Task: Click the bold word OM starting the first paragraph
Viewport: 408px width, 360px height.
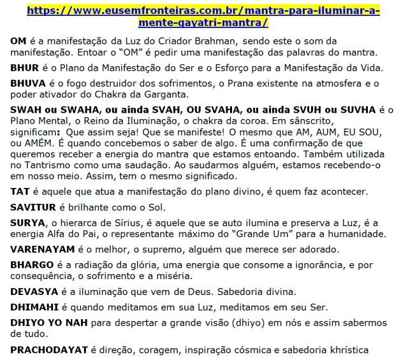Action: point(18,40)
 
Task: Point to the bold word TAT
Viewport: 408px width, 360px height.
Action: point(20,192)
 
